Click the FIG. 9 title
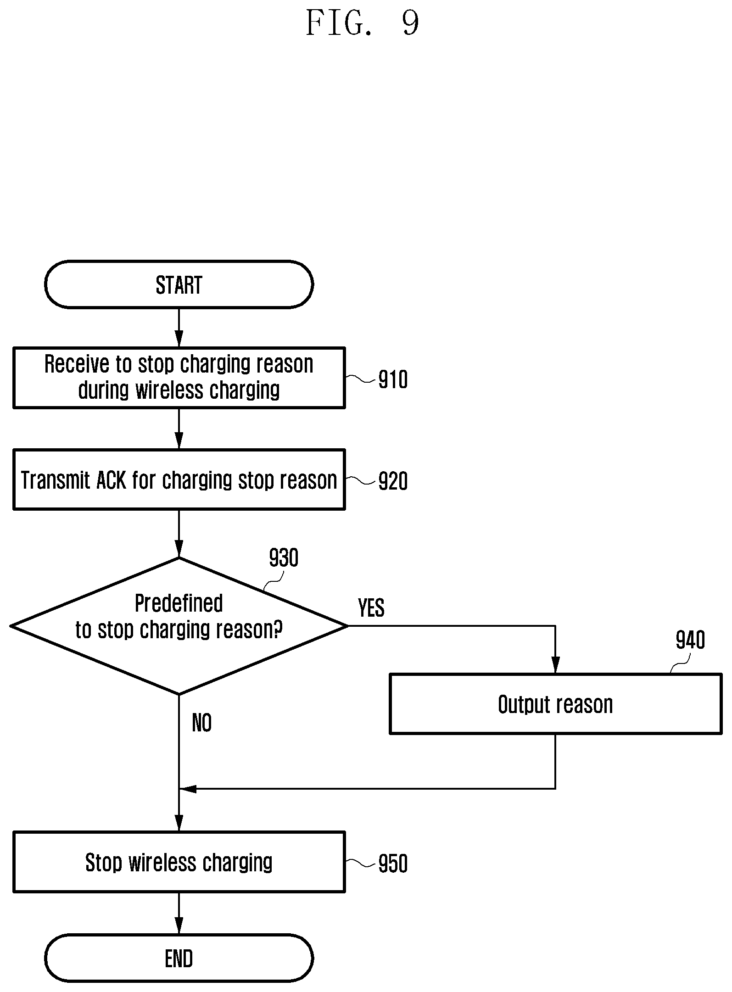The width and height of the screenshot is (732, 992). pyautogui.click(x=362, y=23)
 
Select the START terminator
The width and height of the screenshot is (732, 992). pyautogui.click(x=179, y=284)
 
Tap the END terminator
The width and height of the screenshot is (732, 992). pyautogui.click(x=179, y=958)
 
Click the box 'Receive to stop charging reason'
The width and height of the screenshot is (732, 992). pyautogui.click(x=179, y=378)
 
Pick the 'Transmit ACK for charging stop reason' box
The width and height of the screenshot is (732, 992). pyautogui.click(x=179, y=479)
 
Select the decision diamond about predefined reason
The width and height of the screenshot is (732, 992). pyautogui.click(x=179, y=626)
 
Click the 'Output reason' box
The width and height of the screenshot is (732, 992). pyautogui.click(x=555, y=704)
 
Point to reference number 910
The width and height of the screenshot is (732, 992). pyautogui.click(x=393, y=380)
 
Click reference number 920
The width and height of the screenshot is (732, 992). pyautogui.click(x=393, y=482)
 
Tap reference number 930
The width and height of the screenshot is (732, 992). pyautogui.click(x=284, y=558)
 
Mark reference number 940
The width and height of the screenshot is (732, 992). pyautogui.click(x=690, y=640)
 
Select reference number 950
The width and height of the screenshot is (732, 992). pyautogui.click(x=393, y=864)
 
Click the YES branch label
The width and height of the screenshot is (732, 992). pyautogui.click(x=371, y=608)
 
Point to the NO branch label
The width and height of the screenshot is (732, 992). pyautogui.click(x=202, y=723)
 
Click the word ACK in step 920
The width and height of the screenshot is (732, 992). pyautogui.click(x=111, y=480)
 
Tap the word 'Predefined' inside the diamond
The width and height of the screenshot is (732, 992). pyautogui.click(x=179, y=603)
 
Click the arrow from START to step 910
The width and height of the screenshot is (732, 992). pyautogui.click(x=179, y=328)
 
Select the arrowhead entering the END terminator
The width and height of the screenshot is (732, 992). pyautogui.click(x=179, y=926)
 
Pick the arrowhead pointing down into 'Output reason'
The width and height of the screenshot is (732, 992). pyautogui.click(x=555, y=665)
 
